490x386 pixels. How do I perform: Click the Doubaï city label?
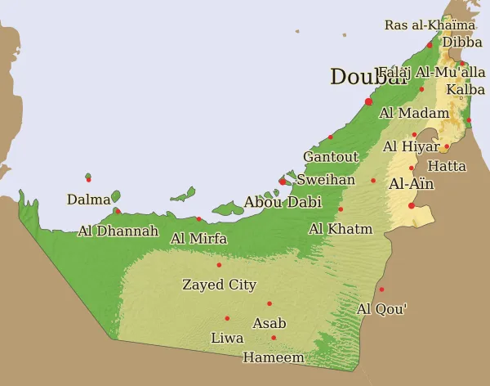(x=368, y=78)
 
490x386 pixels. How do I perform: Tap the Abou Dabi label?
(x=283, y=202)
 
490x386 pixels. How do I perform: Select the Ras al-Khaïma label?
(x=430, y=25)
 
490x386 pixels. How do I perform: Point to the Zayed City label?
(x=219, y=285)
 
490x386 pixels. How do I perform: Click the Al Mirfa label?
(x=198, y=239)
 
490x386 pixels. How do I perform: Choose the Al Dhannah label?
(x=118, y=231)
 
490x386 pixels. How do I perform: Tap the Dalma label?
(x=88, y=200)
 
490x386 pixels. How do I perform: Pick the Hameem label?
(x=273, y=357)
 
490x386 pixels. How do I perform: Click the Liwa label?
(x=227, y=338)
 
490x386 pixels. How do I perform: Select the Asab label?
(x=269, y=323)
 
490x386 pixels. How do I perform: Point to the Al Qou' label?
(x=382, y=309)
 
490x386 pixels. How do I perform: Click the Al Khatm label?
(x=341, y=229)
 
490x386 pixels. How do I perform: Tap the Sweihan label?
(x=326, y=179)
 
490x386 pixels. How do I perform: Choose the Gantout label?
(x=331, y=156)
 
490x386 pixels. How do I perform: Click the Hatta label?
(x=447, y=166)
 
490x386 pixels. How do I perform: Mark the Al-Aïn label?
(x=412, y=184)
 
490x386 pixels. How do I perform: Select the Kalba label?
(x=465, y=89)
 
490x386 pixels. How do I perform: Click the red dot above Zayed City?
(x=219, y=265)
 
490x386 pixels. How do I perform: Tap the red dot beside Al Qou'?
(x=381, y=289)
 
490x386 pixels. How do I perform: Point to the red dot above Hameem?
(x=274, y=338)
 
